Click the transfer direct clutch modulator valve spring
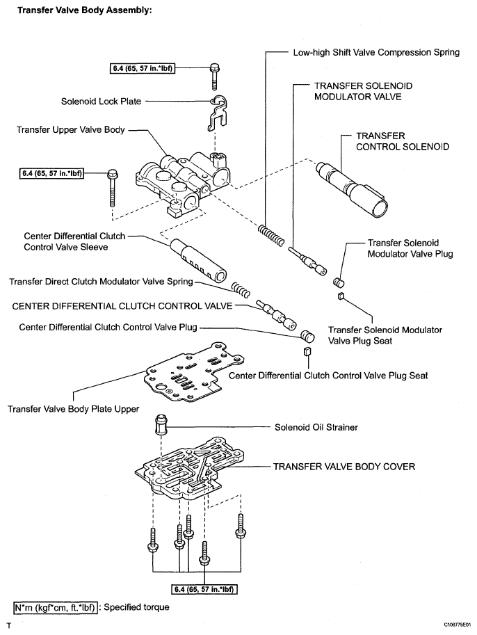[239, 288]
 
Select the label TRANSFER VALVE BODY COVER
[344, 467]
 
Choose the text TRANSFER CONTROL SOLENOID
[403, 141]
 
